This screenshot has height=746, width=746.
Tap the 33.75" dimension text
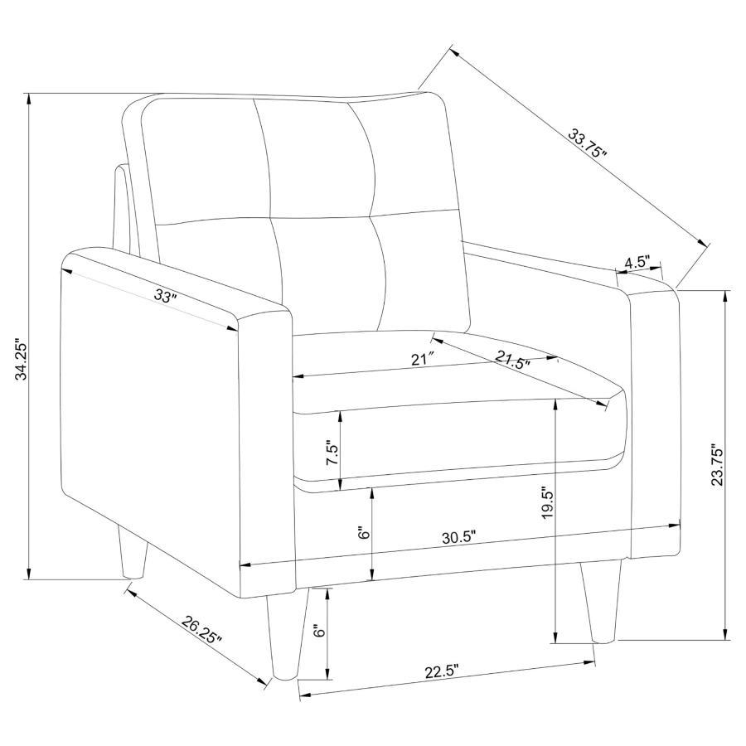coord(589,143)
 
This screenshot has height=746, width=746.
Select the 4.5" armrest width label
coord(637,262)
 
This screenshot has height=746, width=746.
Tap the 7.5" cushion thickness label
coord(332,453)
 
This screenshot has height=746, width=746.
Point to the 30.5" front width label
coord(458,536)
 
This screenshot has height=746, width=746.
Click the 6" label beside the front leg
coord(317,631)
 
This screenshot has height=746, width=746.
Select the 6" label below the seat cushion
coord(363,533)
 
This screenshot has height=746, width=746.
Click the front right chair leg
coord(601,601)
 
